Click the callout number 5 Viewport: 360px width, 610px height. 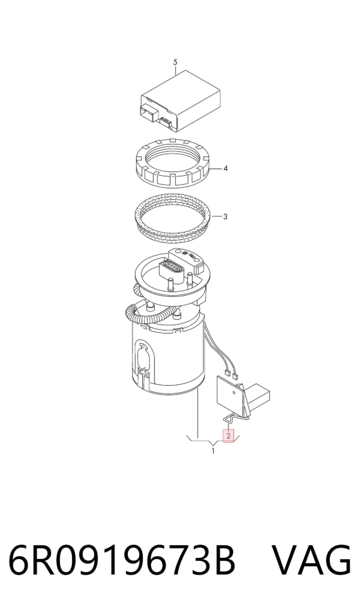(175, 62)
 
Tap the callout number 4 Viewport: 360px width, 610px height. (226, 169)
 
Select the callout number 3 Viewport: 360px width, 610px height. (226, 217)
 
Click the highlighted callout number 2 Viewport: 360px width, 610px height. (229, 435)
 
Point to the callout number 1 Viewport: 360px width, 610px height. (213, 451)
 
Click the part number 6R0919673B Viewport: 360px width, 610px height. (122, 560)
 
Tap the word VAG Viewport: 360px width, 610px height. (311, 560)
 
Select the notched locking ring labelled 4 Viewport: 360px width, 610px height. (174, 163)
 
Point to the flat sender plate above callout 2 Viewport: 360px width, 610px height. (229, 392)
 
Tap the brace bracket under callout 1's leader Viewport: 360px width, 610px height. (213, 441)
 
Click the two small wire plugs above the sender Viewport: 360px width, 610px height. (231, 375)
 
